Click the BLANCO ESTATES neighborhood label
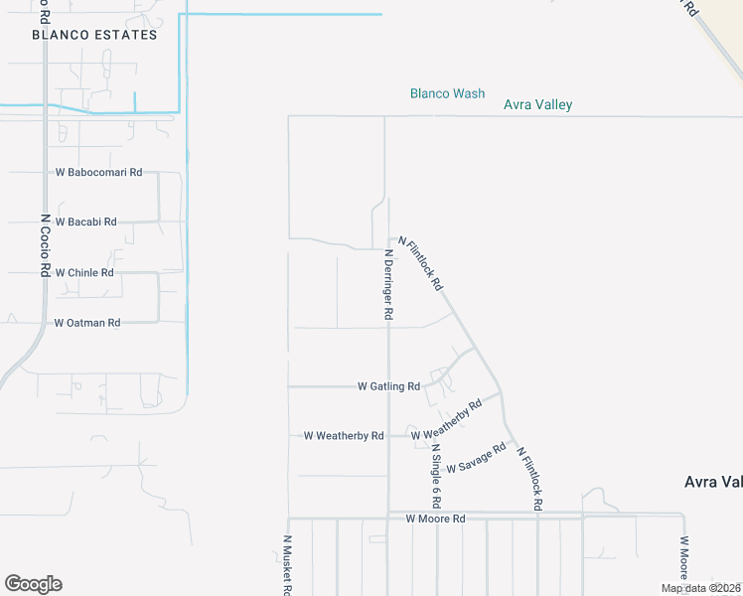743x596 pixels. [x=94, y=35]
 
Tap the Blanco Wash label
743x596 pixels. [x=447, y=93]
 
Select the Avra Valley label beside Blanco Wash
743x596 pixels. [x=537, y=104]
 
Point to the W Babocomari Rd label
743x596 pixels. [x=98, y=172]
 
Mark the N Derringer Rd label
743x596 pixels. [x=389, y=284]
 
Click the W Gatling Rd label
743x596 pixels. [x=388, y=386]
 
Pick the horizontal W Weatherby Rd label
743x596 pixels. [x=344, y=435]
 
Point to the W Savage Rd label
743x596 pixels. [x=477, y=458]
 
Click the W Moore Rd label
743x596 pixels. [x=435, y=519]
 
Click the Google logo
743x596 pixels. [x=33, y=584]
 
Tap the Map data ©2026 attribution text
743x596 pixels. [x=701, y=588]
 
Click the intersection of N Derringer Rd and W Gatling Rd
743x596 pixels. [x=387, y=386]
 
